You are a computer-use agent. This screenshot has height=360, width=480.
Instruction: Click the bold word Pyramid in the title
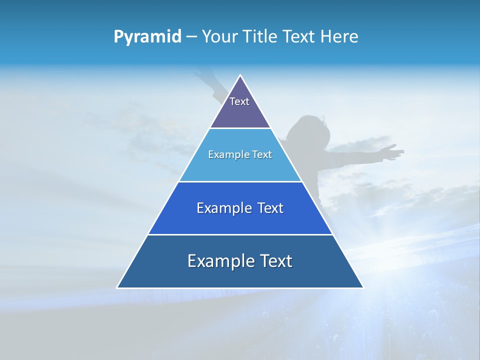click(x=147, y=37)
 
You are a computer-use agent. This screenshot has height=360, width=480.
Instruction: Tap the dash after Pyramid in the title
click(x=191, y=37)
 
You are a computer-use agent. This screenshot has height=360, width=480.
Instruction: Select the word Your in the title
click(x=218, y=37)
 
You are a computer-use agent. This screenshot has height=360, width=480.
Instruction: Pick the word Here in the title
click(x=339, y=37)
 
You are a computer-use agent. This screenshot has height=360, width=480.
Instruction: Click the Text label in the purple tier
click(x=239, y=101)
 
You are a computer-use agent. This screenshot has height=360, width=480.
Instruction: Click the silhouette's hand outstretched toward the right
click(x=392, y=151)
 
